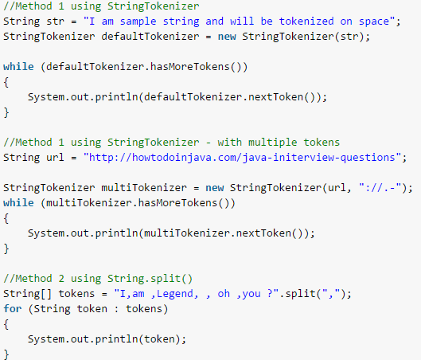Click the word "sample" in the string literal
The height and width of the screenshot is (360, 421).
click(x=138, y=22)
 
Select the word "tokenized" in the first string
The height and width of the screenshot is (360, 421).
click(x=306, y=21)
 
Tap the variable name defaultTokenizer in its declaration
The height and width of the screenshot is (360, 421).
click(x=150, y=37)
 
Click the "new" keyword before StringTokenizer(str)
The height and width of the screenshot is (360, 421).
click(x=227, y=37)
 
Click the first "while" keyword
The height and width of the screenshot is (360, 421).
click(x=18, y=66)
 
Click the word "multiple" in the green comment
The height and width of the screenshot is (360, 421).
click(x=272, y=143)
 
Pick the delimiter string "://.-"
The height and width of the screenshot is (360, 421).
click(x=380, y=187)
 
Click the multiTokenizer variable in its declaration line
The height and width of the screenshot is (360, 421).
click(x=144, y=187)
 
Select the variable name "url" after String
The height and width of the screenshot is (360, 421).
click(x=55, y=158)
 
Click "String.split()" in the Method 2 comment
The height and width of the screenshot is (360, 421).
click(x=150, y=279)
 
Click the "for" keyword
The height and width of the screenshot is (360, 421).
click(x=13, y=308)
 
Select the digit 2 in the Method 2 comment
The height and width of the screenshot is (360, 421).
click(x=61, y=279)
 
